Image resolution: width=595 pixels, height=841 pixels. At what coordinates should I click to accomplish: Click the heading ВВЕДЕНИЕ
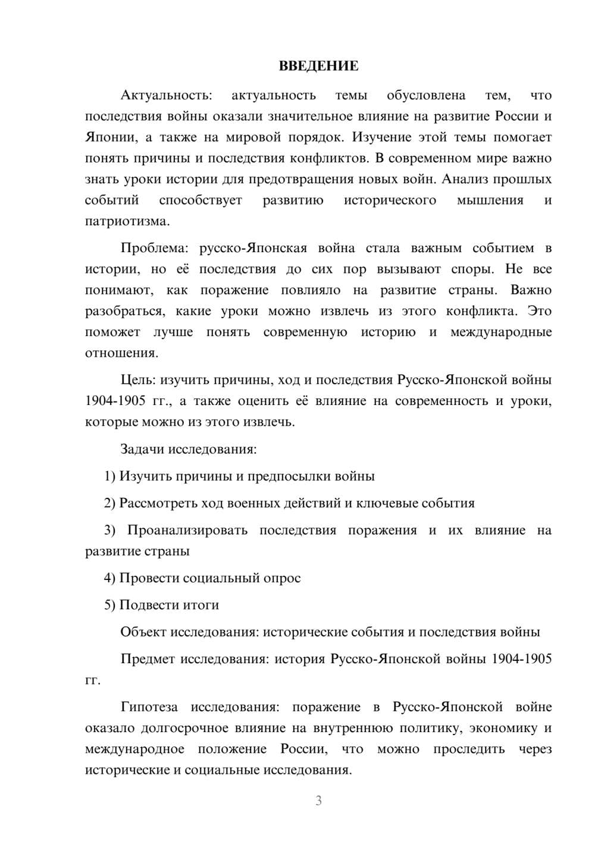point(318,66)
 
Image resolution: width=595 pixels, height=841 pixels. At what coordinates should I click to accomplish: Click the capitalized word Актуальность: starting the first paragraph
point(165,95)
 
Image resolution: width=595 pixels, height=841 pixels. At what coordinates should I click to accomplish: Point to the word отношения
point(121,353)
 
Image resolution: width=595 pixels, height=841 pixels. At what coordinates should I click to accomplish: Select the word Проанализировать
point(187,530)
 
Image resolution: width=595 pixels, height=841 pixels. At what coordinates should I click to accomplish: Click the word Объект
point(143,632)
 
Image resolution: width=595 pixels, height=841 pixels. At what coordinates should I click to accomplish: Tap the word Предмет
point(148,659)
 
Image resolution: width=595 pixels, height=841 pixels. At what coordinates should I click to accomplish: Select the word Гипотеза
point(149,707)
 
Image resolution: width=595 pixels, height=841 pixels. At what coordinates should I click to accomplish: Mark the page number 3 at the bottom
point(318,801)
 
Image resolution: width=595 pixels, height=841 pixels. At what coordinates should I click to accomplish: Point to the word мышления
point(490,200)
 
